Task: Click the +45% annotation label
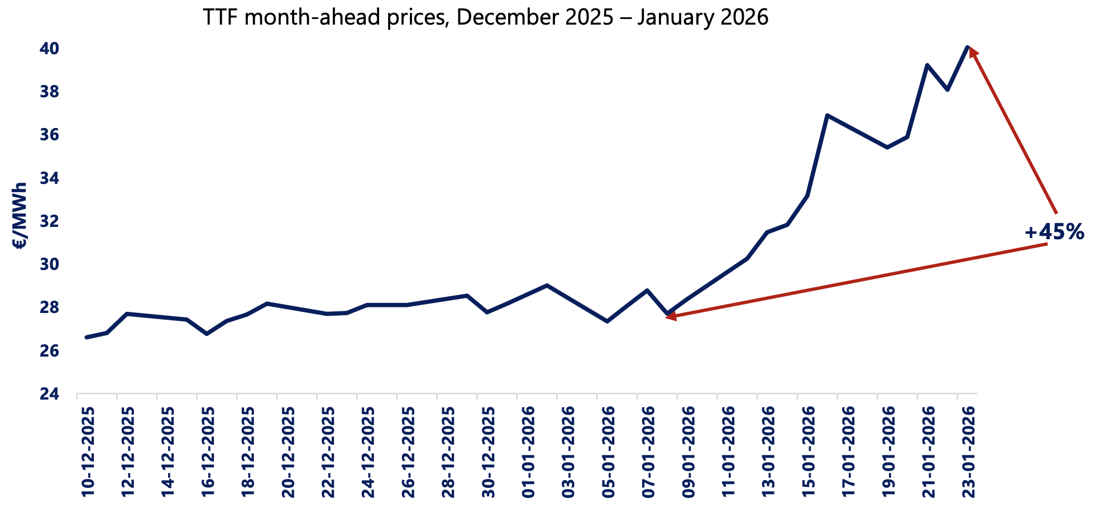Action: [1054, 232]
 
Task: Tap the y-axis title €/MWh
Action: [20, 215]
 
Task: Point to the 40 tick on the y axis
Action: [49, 49]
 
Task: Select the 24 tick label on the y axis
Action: [49, 394]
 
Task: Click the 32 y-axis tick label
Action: [49, 221]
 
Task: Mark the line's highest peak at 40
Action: [967, 47]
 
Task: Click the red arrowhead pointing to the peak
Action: [973, 52]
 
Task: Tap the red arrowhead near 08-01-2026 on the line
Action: [671, 317]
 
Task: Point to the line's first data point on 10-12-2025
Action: [87, 337]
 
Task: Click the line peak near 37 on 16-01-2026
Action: [827, 115]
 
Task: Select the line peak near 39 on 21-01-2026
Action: [927, 65]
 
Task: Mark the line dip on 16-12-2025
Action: [207, 334]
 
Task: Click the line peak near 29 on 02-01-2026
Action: [547, 285]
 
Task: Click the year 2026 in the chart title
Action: [743, 17]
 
